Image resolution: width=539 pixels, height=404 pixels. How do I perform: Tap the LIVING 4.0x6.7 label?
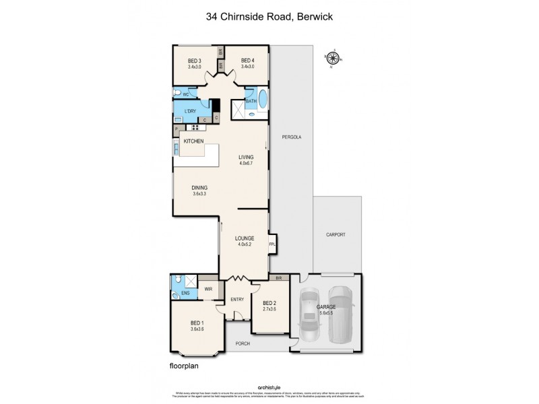click(x=245, y=160)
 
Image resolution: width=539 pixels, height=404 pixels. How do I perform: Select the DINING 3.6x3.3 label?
click(x=199, y=191)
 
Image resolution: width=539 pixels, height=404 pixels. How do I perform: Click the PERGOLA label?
click(x=291, y=137)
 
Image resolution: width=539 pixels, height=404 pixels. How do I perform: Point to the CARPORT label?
click(x=336, y=234)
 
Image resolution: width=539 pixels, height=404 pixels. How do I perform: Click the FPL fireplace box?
click(x=272, y=244)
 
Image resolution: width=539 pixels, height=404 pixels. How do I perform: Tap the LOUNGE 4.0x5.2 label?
click(x=244, y=241)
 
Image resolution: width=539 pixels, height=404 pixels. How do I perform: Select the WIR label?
click(x=208, y=290)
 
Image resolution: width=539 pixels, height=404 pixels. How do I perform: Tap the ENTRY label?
click(x=237, y=300)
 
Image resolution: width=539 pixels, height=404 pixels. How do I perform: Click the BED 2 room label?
click(x=269, y=306)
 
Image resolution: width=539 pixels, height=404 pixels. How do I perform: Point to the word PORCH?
click(x=243, y=343)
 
